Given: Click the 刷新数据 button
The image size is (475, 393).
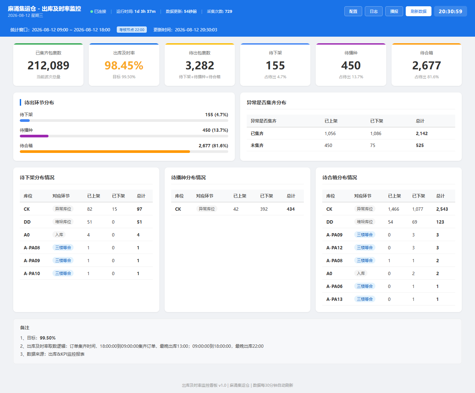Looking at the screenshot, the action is click(418, 11).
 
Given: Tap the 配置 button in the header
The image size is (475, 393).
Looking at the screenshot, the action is click(353, 11).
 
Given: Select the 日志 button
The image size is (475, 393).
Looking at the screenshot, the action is click(373, 11).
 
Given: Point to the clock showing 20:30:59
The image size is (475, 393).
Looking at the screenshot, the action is click(451, 11).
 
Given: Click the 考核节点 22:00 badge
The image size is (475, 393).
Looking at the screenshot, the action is click(132, 30).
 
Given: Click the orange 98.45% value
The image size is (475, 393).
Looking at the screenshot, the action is click(124, 65).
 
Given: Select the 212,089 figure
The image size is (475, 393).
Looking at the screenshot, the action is click(48, 65).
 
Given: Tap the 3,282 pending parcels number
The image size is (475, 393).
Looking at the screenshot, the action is click(200, 65).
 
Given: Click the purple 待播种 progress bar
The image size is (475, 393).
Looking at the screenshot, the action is click(34, 136).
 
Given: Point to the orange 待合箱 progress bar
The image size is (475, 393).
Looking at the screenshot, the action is click(105, 152).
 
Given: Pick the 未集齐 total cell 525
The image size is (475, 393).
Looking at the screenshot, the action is click(420, 145).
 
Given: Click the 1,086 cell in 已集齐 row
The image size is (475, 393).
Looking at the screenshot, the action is click(376, 133).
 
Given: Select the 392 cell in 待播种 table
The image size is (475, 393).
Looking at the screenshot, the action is click(264, 209).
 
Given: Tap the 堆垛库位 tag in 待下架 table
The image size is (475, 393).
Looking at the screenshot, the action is click(63, 222).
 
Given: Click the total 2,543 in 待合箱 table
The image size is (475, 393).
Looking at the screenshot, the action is click(442, 209).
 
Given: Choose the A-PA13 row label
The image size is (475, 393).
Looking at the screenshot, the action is click(334, 299).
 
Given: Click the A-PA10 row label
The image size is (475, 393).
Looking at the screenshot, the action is click(32, 273).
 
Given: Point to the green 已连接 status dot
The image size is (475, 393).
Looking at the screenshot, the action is click(92, 12).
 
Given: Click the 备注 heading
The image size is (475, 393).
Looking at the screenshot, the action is click(24, 328).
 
